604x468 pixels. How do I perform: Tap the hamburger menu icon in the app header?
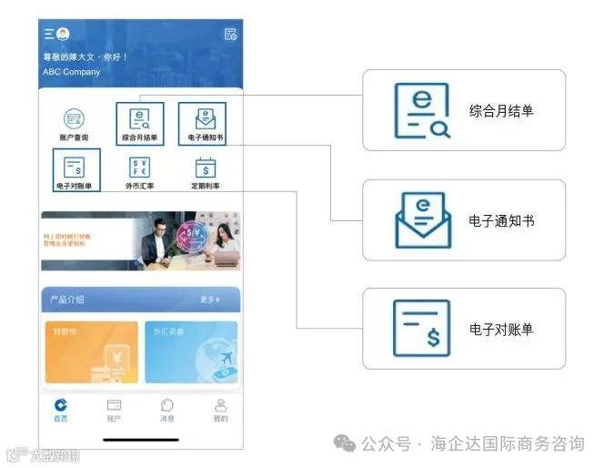48,34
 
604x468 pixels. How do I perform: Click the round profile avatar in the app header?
63,34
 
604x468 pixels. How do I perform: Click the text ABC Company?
72,72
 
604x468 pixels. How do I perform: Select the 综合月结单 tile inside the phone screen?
140,123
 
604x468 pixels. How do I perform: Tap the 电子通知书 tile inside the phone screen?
202,123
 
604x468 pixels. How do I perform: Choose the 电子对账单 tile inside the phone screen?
76,170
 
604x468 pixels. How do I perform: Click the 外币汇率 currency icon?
140,168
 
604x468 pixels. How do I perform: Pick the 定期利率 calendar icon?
206,168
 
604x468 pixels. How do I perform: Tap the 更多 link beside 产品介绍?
210,300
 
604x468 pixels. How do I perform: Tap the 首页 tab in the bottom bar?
61,410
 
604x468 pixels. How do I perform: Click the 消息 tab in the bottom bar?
167,410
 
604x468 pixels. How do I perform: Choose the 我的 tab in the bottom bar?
220,410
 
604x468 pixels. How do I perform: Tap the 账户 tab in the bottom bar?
114,410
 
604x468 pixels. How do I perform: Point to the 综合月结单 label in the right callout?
501,111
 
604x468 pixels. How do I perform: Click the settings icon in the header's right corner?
230,35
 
